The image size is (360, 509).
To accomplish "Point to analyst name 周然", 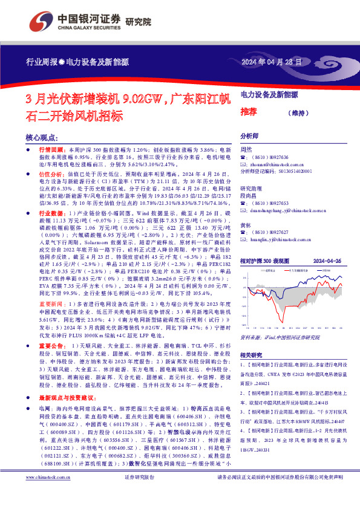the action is pyautogui.click(x=246, y=149).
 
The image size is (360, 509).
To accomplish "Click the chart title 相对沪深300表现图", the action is pyautogui.click(x=267, y=261).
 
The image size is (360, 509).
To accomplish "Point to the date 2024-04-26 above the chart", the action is pyautogui.click(x=327, y=261).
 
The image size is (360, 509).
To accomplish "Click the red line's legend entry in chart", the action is pyautogui.click(x=296, y=270).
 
